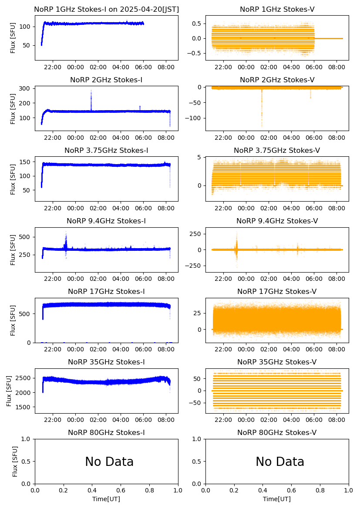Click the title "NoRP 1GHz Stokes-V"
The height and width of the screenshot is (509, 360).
(x=277, y=9)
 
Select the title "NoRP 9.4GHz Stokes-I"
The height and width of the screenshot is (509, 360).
(x=106, y=221)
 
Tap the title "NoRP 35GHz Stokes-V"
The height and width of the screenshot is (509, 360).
(x=277, y=362)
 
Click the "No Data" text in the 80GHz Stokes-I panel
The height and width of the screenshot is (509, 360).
(x=109, y=462)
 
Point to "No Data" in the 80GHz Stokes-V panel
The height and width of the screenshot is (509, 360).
(x=280, y=462)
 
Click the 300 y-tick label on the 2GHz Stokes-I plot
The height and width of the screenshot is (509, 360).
(x=25, y=88)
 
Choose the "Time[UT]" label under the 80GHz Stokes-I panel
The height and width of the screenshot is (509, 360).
(x=106, y=499)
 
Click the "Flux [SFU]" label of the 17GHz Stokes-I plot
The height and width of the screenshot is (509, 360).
(x=13, y=320)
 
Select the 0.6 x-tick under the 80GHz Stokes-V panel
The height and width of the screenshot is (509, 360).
(x=292, y=491)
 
